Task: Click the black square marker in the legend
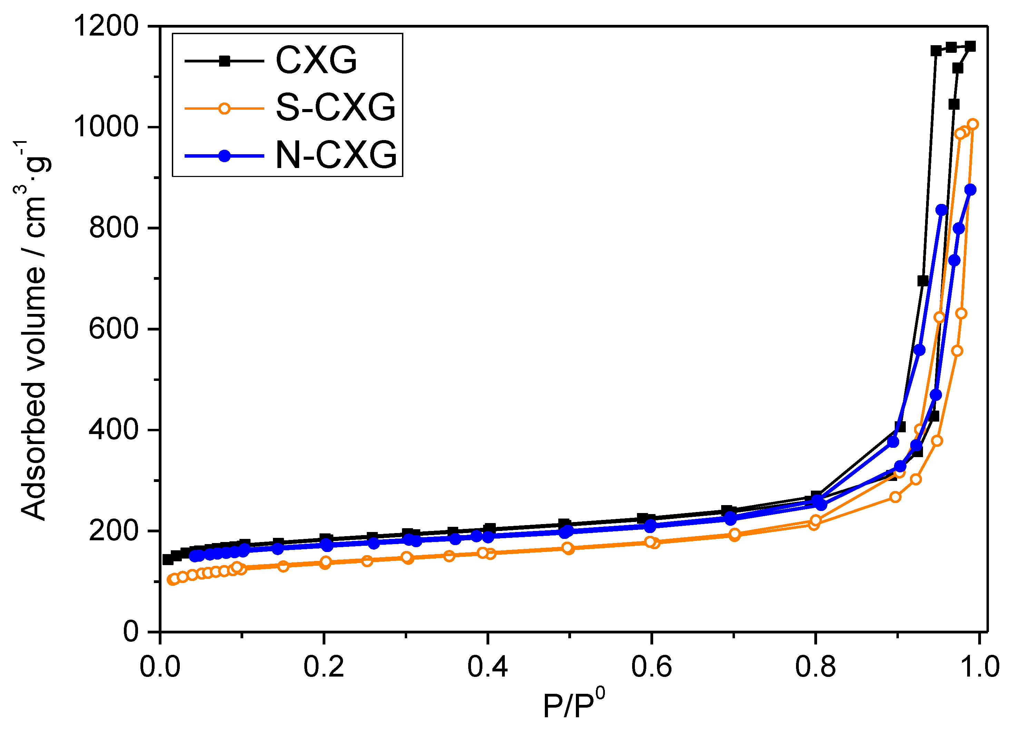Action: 225,61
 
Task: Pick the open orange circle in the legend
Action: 225,108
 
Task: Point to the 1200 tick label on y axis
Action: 106,26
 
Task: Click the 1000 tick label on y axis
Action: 106,127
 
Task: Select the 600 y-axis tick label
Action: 113,329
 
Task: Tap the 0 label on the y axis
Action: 131,632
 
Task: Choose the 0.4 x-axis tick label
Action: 487,667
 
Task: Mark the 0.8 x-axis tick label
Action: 815,667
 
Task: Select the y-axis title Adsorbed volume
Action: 33,330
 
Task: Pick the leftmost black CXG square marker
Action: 168,560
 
